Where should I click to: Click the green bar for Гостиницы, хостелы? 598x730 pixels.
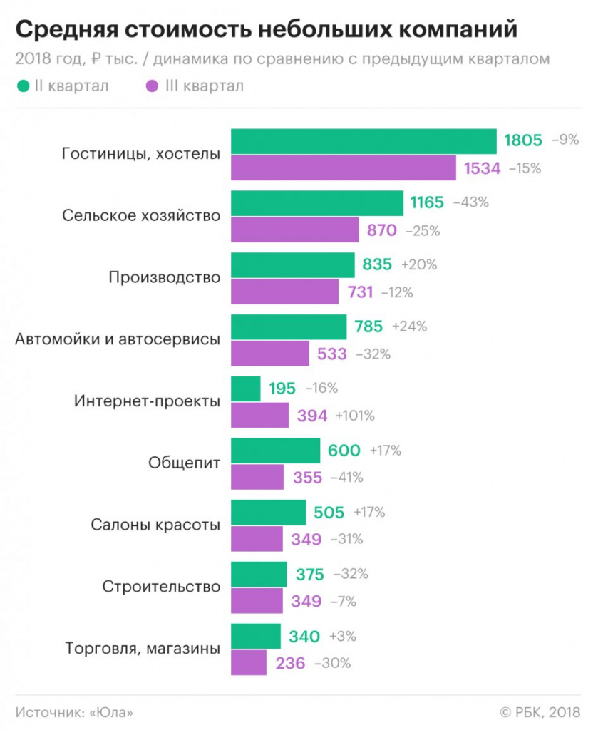click(364, 141)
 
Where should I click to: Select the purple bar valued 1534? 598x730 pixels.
click(344, 168)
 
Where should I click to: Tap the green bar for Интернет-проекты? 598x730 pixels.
click(246, 389)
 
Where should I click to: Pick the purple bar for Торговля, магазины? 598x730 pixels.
click(249, 663)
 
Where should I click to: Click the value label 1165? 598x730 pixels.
click(427, 202)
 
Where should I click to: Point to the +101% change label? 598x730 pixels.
click(355, 416)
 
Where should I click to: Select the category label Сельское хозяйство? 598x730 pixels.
click(141, 215)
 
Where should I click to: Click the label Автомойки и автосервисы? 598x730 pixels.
click(118, 339)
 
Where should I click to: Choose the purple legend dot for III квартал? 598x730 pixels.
click(151, 86)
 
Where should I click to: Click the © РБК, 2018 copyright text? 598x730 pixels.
click(540, 712)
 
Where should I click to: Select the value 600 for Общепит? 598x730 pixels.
click(344, 451)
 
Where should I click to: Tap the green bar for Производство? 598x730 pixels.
click(293, 264)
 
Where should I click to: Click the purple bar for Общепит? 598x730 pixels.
click(257, 478)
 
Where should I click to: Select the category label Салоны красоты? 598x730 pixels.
click(155, 525)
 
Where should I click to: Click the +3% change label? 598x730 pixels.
click(342, 636)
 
